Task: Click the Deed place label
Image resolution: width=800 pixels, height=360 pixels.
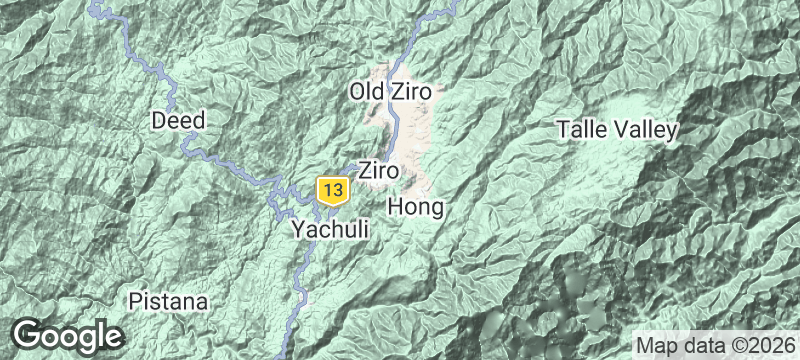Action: (x=178, y=121)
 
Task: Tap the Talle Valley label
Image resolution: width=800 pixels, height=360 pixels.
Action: (x=617, y=130)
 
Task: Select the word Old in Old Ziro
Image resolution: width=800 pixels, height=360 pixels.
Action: (x=367, y=93)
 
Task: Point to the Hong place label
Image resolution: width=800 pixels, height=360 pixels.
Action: (x=414, y=207)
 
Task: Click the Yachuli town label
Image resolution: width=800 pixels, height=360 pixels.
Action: (x=330, y=230)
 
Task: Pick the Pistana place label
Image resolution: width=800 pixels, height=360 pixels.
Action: (x=168, y=301)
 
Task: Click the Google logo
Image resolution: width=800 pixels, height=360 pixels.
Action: (x=67, y=335)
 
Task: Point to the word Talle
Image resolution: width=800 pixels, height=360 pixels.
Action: (x=580, y=130)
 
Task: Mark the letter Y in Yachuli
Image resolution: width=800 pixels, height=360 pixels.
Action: (x=298, y=230)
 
